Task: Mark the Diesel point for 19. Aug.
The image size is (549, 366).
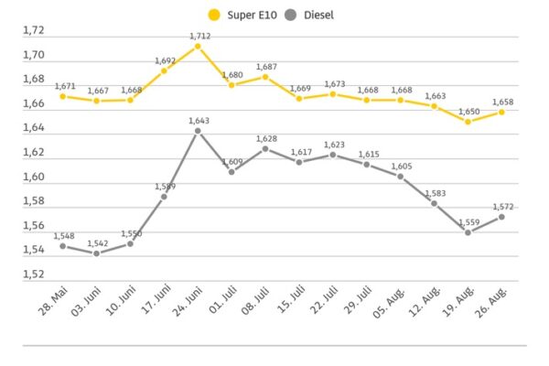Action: pos(468,232)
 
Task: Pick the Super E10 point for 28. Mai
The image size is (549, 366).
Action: pos(62,96)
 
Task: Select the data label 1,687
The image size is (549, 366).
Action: pos(266,67)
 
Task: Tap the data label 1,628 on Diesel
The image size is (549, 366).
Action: pos(266,138)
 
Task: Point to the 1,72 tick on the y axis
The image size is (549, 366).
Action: pos(34,31)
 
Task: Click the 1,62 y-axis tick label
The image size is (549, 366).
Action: pos(34,153)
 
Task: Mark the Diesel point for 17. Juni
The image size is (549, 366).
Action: pos(164,197)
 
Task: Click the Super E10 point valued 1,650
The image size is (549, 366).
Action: pos(468,122)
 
